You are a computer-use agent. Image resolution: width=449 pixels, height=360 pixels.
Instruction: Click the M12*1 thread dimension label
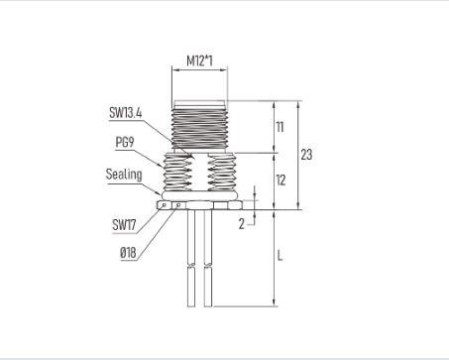(199, 60)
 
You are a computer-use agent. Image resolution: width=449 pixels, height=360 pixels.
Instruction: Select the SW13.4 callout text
(126, 113)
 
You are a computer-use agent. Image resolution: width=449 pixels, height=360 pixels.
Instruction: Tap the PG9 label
(125, 142)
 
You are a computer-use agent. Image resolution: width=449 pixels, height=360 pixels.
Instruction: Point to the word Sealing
(124, 175)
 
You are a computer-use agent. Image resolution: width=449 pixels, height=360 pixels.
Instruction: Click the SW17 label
(124, 225)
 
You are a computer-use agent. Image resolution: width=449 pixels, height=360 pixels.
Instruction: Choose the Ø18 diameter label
(128, 253)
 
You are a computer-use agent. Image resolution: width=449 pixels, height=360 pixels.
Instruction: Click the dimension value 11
(280, 127)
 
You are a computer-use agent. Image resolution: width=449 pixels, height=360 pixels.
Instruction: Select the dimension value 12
(281, 180)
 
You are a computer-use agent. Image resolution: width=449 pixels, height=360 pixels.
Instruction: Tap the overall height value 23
(306, 155)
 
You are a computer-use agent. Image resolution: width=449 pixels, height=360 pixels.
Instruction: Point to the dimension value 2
(242, 224)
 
